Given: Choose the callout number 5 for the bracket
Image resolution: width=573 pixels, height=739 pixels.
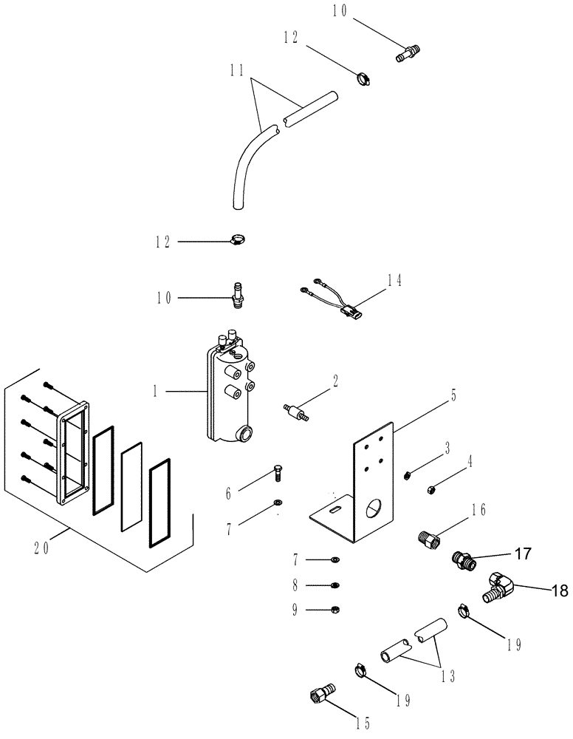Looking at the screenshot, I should tap(453, 397).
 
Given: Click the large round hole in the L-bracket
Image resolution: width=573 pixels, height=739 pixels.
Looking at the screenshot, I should tap(374, 509).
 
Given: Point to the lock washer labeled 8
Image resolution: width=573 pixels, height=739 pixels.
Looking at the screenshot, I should tap(334, 585).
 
